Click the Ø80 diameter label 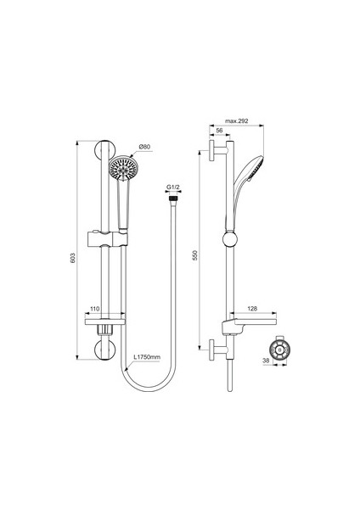[x=144, y=147]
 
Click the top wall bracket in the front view [x=109, y=154]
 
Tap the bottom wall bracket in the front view [x=109, y=349]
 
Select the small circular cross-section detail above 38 [x=278, y=349]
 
